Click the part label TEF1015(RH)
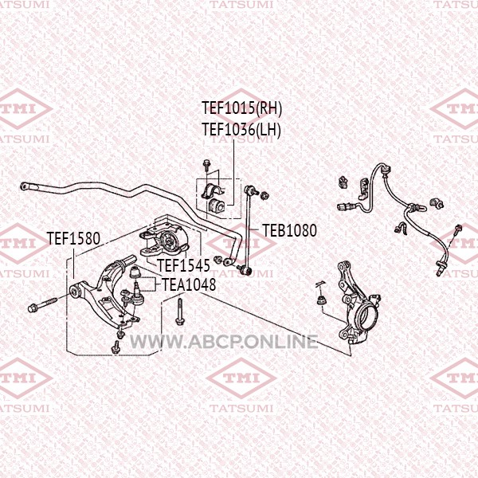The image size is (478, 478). point(241,108)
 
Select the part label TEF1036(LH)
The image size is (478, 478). point(241,130)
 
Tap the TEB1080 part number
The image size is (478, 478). point(289,230)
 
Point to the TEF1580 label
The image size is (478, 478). point(73,238)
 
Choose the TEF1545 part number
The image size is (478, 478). point(184,265)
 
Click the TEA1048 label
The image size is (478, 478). point(189,284)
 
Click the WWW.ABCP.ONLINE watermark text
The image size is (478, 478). point(224,342)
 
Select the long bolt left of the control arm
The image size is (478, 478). point(43,304)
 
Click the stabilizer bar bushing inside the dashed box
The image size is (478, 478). point(216,206)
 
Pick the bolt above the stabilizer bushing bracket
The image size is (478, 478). point(207,166)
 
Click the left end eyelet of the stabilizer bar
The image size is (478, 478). point(25,186)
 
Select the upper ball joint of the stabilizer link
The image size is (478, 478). point(251,191)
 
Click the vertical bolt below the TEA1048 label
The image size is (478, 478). point(179,312)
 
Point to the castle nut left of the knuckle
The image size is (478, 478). point(321,300)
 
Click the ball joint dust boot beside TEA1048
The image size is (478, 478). point(135,272)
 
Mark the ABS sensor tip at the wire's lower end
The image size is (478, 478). point(439,271)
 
